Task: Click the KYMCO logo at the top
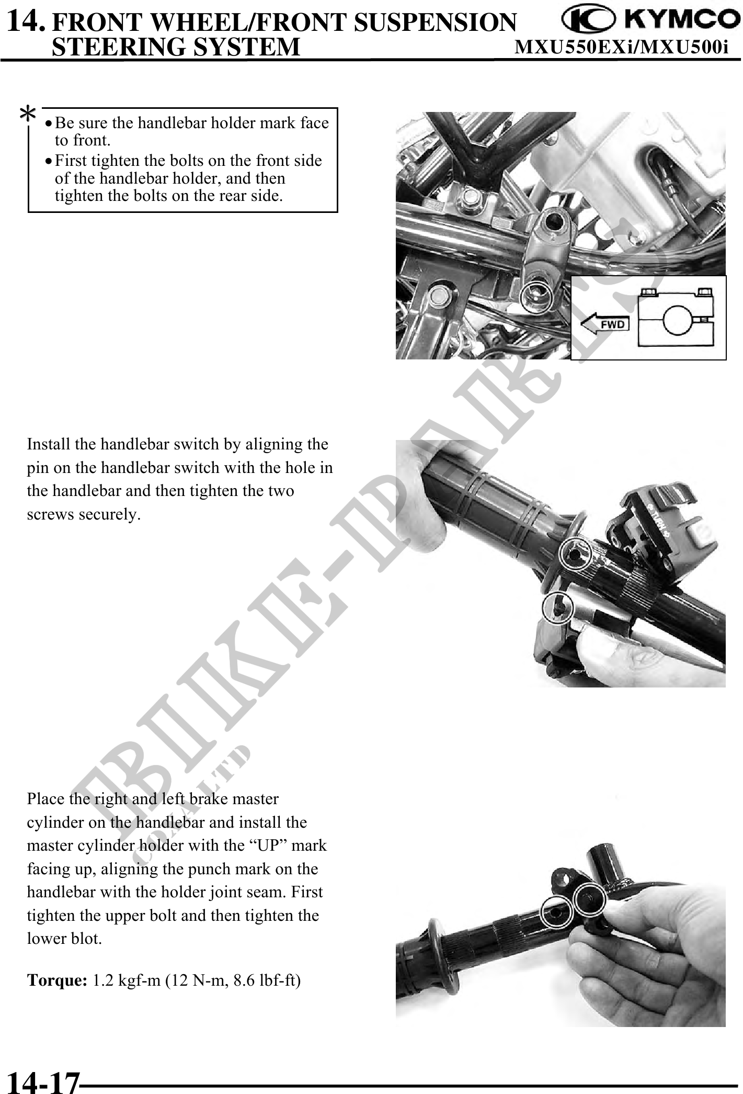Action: [x=650, y=20]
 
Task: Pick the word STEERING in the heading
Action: [x=119, y=47]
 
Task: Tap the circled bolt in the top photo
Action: [x=537, y=297]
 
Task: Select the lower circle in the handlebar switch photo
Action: [x=559, y=608]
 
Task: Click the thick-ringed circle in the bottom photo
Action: [x=589, y=899]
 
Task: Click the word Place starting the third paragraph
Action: [x=46, y=799]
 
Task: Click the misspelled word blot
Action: [x=86, y=939]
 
